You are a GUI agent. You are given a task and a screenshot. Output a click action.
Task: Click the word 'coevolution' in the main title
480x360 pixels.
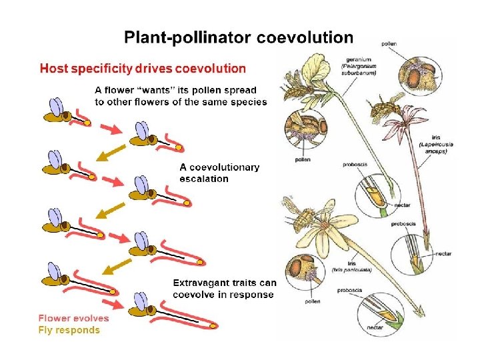pyautogui.click(x=305, y=38)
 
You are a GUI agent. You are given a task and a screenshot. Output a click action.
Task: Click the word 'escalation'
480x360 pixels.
pyautogui.click(x=204, y=179)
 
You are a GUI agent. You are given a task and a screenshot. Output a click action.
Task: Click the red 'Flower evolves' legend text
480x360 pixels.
pyautogui.click(x=73, y=318)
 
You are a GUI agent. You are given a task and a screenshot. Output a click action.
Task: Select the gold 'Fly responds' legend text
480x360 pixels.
pyautogui.click(x=69, y=330)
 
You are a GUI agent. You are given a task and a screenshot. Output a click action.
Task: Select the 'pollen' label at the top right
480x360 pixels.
pyautogui.click(x=389, y=44)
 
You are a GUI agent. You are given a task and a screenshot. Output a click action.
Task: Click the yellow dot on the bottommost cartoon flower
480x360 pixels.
pyautogui.click(x=215, y=325)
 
